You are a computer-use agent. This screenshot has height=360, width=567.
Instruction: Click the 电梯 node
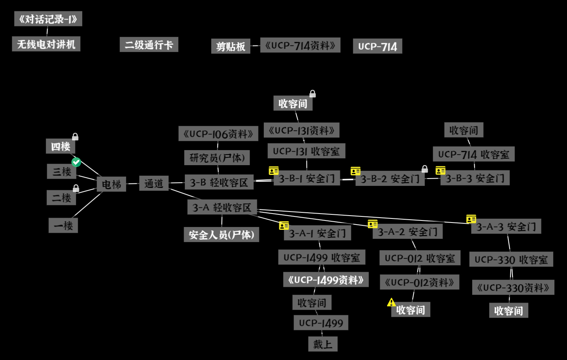(112, 184)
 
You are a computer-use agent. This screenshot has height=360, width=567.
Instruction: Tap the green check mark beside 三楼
(76, 162)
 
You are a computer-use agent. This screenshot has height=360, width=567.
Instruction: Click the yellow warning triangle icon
(391, 302)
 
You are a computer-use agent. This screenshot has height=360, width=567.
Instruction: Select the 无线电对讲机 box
(46, 44)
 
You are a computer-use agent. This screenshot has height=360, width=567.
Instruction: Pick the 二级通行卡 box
(149, 45)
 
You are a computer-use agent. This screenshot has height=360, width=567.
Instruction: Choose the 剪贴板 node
(230, 46)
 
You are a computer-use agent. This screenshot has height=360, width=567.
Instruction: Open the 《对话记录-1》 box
(48, 19)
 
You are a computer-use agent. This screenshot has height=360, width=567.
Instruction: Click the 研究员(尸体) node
(217, 158)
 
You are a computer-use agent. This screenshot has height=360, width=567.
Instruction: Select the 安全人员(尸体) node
(221, 235)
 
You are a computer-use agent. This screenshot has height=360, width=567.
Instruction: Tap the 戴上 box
(323, 344)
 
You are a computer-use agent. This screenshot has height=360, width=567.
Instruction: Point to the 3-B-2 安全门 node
(390, 179)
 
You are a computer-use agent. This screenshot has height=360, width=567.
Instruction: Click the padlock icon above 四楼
(75, 137)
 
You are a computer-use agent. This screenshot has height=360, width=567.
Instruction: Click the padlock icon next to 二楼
(76, 188)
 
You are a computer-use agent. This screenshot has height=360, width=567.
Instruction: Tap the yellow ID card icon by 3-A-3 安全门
(471, 219)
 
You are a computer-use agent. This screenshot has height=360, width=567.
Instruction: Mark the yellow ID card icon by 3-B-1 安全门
(274, 171)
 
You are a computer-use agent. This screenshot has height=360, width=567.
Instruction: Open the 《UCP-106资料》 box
(218, 133)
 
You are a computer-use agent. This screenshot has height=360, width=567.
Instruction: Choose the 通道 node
(153, 183)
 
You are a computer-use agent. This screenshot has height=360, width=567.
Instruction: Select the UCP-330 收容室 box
(511, 260)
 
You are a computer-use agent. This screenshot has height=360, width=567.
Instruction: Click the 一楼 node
(63, 225)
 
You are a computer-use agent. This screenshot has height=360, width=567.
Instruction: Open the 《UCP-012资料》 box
(419, 282)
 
